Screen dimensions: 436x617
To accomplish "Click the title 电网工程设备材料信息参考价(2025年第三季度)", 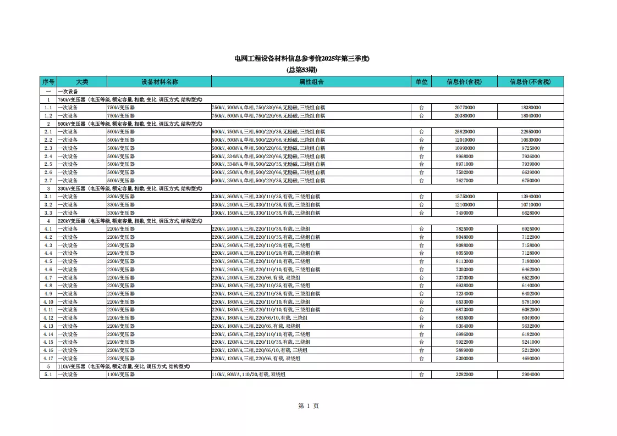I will [x=301, y=59].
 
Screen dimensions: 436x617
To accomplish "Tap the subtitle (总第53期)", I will [x=301, y=70].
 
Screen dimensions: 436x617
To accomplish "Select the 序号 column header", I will [x=48, y=81].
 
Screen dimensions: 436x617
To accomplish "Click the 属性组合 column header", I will [x=311, y=81].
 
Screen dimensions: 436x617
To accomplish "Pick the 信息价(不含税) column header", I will [x=530, y=81].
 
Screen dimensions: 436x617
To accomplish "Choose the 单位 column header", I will [x=421, y=81].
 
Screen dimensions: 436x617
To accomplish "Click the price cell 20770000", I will [x=464, y=108].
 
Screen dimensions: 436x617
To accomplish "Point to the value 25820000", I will [x=464, y=132].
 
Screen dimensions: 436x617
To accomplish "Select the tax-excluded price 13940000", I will [x=530, y=197].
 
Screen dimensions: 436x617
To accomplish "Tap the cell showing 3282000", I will [x=464, y=374].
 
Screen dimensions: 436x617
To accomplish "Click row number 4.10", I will [x=48, y=302].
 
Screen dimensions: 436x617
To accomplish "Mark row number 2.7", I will [x=48, y=181].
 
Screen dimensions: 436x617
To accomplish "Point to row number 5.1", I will [x=48, y=374].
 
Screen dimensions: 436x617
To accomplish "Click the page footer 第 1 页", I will [x=308, y=406].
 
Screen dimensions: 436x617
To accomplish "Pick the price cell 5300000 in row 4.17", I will [x=464, y=359].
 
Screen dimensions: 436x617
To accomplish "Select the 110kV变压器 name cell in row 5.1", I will [x=121, y=374].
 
